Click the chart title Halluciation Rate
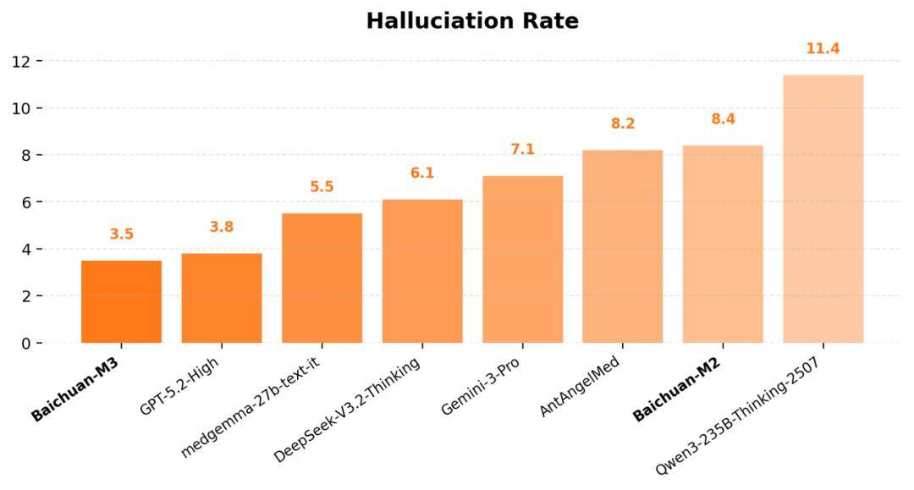472,21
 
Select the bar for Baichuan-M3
121,302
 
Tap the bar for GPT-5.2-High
222,299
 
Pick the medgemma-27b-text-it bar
322,278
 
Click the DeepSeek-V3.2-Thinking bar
422,272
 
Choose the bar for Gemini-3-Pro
522,260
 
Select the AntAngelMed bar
622,246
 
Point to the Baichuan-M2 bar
723,245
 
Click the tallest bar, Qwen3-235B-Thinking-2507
823,209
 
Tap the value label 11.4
823,49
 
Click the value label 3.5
122,234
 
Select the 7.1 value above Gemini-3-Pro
522,150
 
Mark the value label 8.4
723,119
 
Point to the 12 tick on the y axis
21,62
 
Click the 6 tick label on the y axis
25,202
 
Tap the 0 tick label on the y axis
25,344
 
